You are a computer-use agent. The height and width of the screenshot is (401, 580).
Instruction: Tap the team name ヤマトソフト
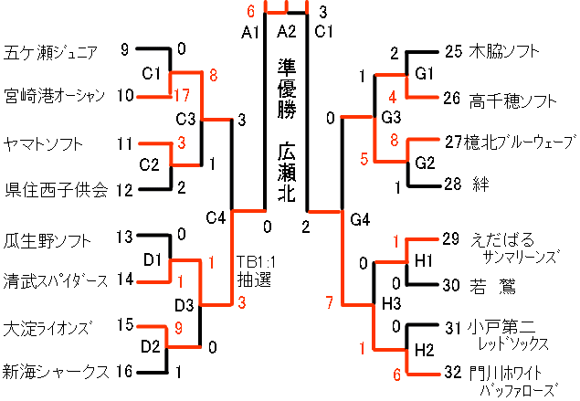43,144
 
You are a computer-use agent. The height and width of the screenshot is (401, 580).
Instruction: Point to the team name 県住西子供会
56,190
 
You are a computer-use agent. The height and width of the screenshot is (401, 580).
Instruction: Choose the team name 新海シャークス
56,371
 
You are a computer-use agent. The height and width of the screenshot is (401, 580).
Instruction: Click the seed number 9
125,50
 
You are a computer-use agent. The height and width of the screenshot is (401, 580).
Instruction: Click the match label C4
216,217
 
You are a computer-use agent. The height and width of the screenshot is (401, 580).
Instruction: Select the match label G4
360,218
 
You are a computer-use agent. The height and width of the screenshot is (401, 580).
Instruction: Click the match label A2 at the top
287,32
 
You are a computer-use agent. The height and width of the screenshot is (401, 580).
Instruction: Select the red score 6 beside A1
250,13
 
